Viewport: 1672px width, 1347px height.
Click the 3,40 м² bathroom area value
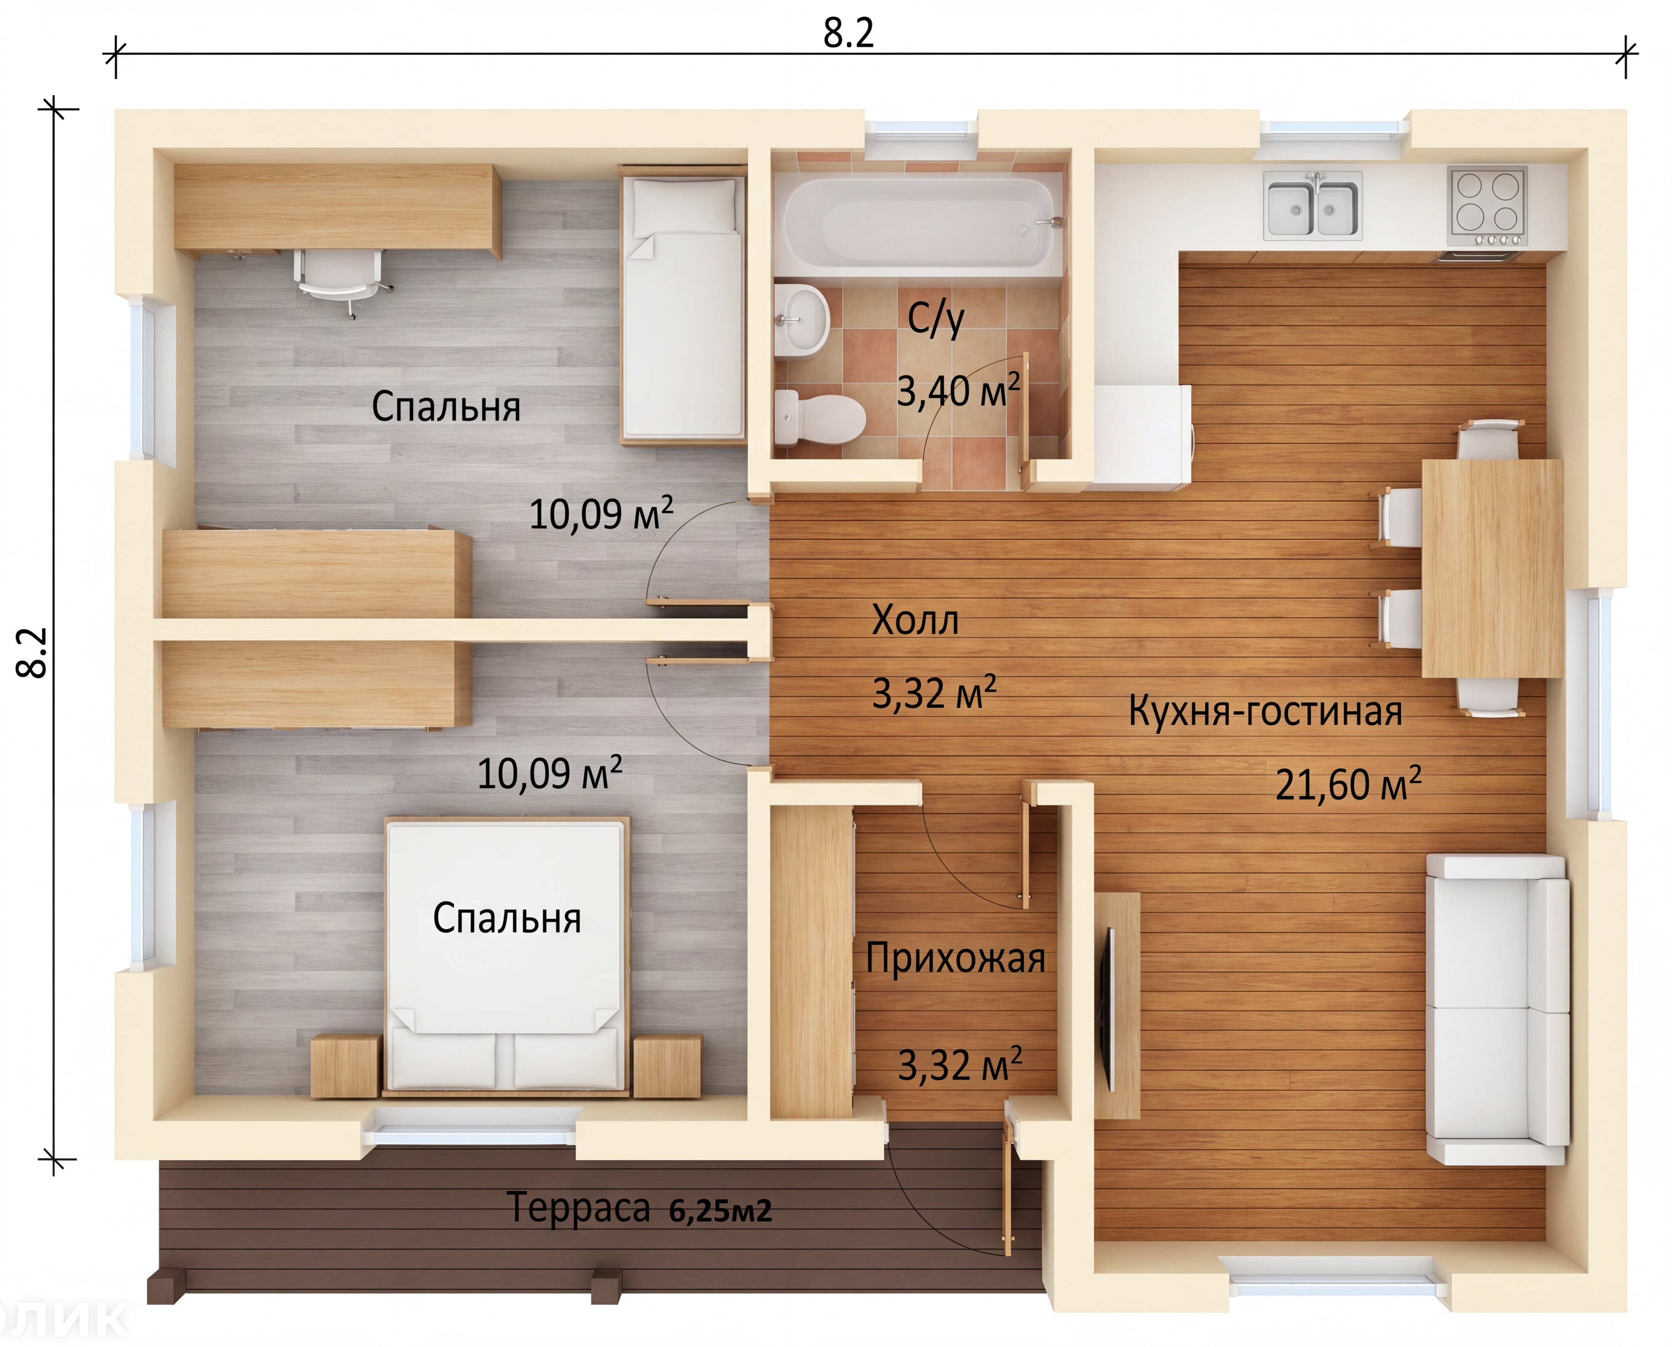(958, 389)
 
